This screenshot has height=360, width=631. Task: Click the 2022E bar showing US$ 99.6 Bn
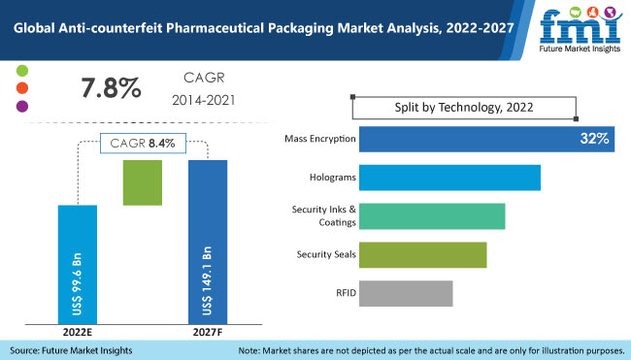pyautogui.click(x=78, y=263)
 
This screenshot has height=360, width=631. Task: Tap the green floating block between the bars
pyautogui.click(x=143, y=182)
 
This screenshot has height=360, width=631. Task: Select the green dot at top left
pyautogui.click(x=23, y=73)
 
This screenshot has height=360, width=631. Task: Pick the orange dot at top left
pyautogui.click(x=23, y=89)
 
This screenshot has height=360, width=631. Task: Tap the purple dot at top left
pyautogui.click(x=23, y=106)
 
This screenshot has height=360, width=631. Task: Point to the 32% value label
pyautogui.click(x=594, y=139)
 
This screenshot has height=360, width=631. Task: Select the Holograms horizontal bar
pyautogui.click(x=449, y=178)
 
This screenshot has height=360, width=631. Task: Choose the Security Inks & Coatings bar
pyautogui.click(x=432, y=216)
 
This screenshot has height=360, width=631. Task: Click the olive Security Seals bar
pyautogui.click(x=422, y=254)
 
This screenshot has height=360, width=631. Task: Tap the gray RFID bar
pyautogui.click(x=406, y=293)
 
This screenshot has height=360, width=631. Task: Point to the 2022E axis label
pyautogui.click(x=78, y=332)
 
